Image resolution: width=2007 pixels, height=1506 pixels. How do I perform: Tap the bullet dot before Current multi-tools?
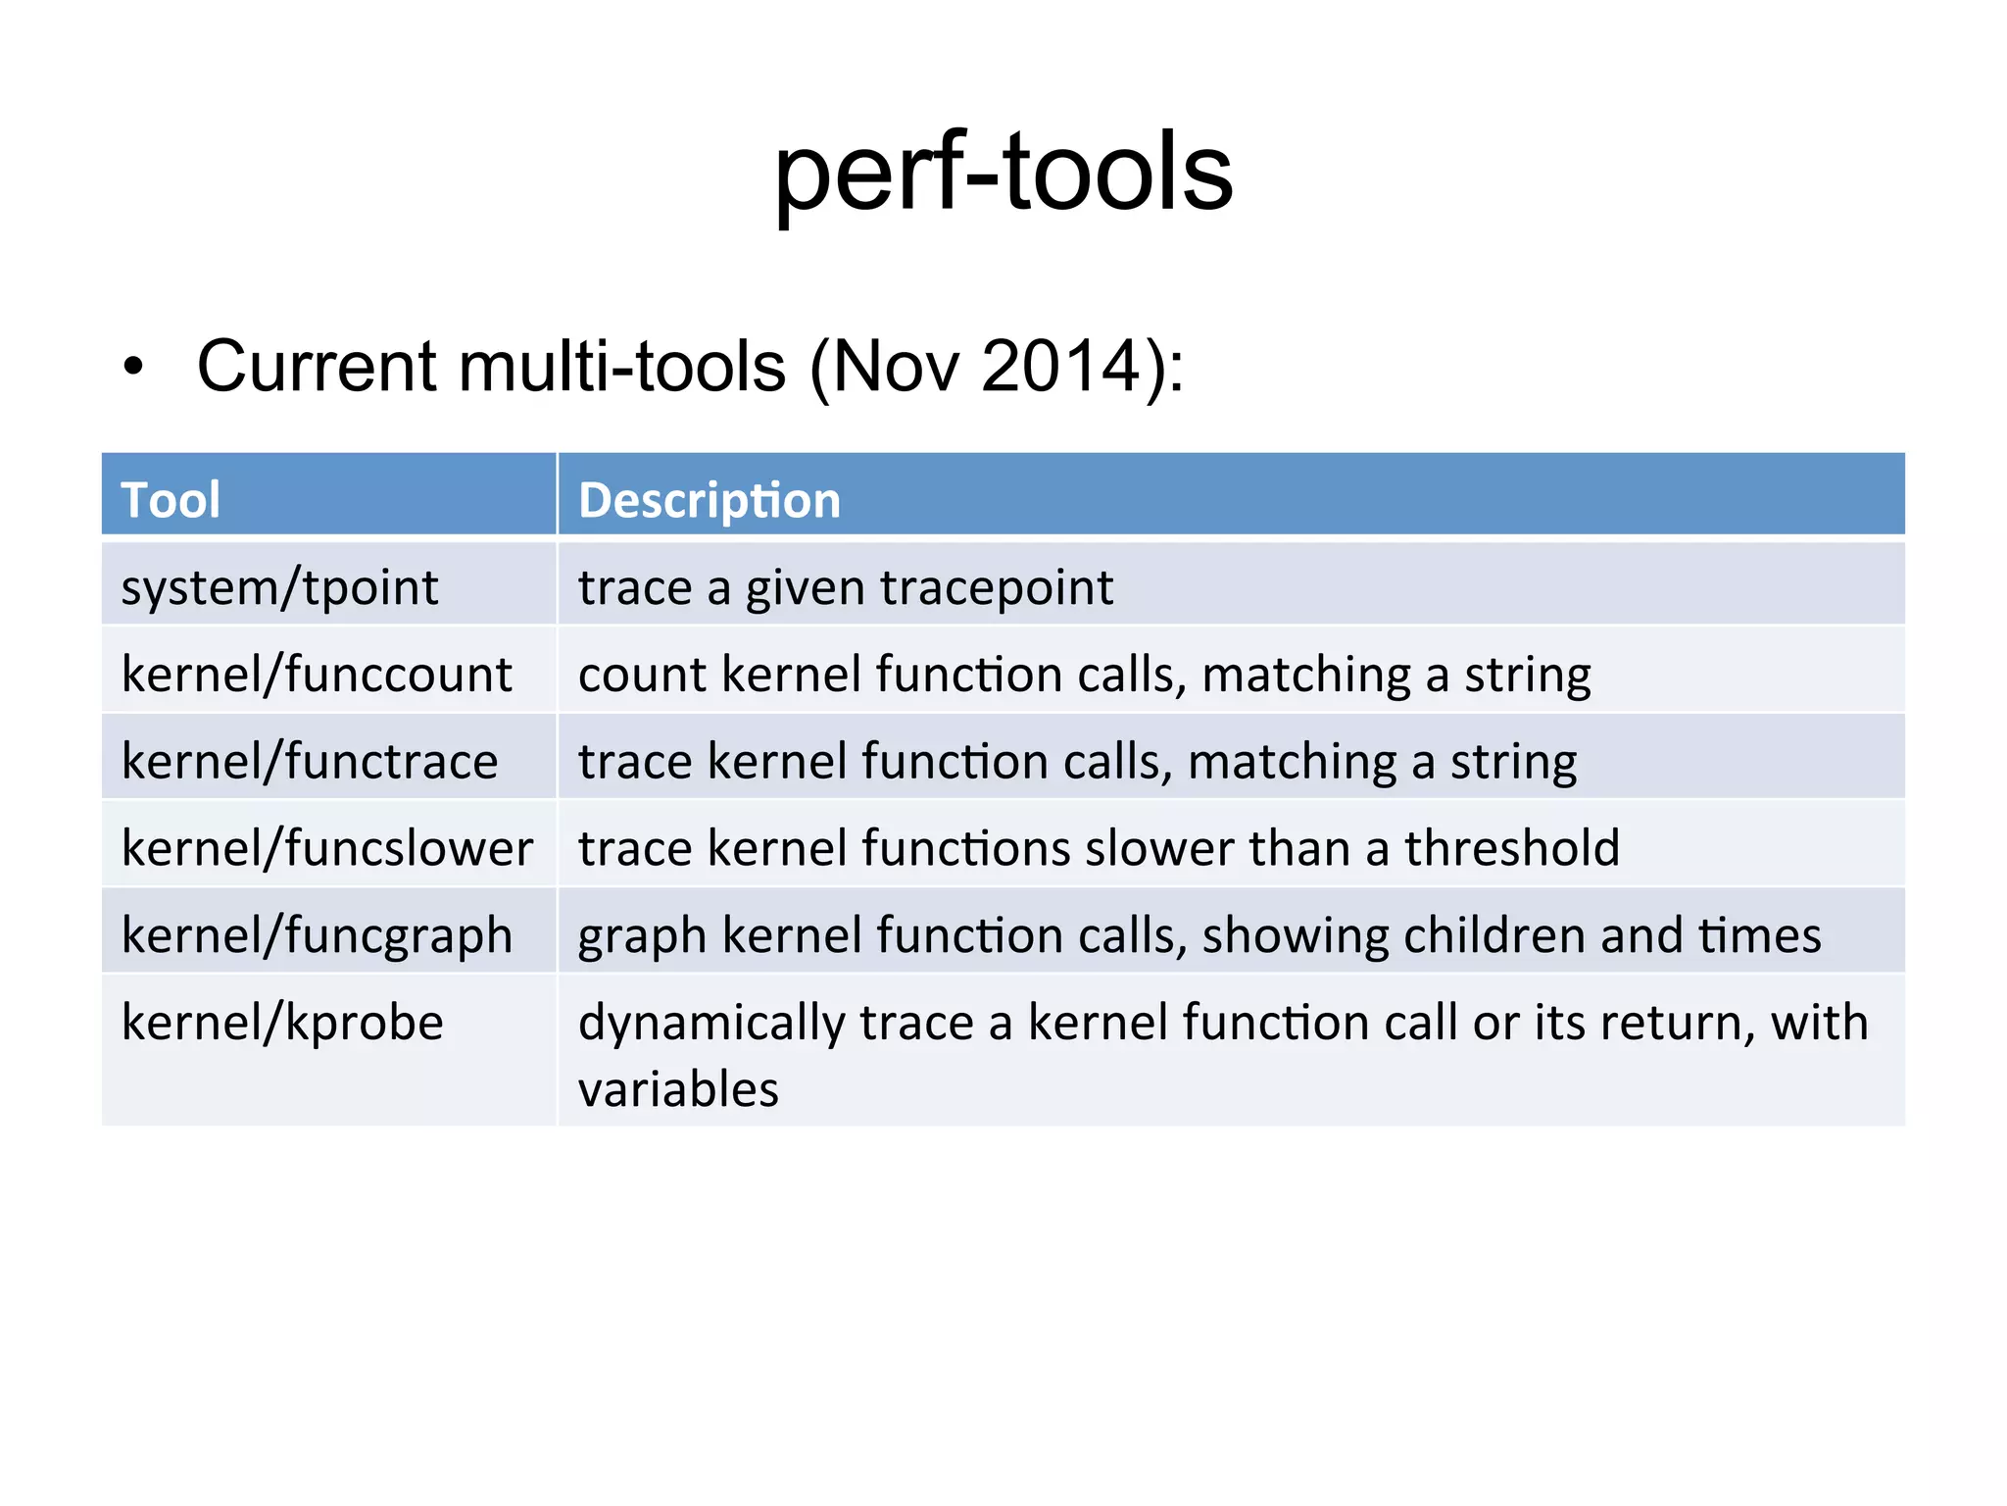pyautogui.click(x=133, y=368)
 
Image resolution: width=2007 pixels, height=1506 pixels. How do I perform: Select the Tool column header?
pyautogui.click(x=171, y=500)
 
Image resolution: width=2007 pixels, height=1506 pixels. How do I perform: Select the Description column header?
pyautogui.click(x=710, y=500)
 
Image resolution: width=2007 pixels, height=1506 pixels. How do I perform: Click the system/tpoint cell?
pyautogui.click(x=279, y=587)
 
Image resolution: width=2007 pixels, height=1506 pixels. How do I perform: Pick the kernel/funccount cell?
pyautogui.click(x=317, y=675)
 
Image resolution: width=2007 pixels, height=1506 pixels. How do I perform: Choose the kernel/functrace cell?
pyautogui.click(x=310, y=762)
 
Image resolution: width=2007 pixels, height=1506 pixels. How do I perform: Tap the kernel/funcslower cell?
pyautogui.click(x=327, y=848)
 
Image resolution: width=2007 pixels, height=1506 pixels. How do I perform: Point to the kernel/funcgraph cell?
pyautogui.click(x=317, y=935)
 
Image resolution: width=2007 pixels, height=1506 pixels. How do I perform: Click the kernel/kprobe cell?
pyautogui.click(x=282, y=1023)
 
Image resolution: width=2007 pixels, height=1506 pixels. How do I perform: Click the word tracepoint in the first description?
pyautogui.click(x=996, y=588)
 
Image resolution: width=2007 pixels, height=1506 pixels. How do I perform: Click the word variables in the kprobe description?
pyautogui.click(x=678, y=1089)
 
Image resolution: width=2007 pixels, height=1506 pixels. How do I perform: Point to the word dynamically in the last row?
pyautogui.click(x=711, y=1024)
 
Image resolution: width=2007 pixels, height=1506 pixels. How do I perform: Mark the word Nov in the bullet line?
pyautogui.click(x=897, y=367)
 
